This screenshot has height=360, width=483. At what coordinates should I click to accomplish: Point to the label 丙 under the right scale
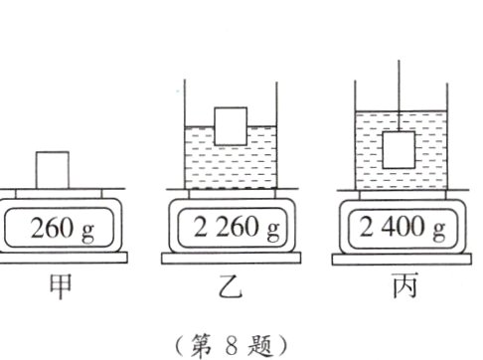[x=402, y=288]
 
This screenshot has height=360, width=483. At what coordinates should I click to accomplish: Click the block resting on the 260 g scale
[x=53, y=168]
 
